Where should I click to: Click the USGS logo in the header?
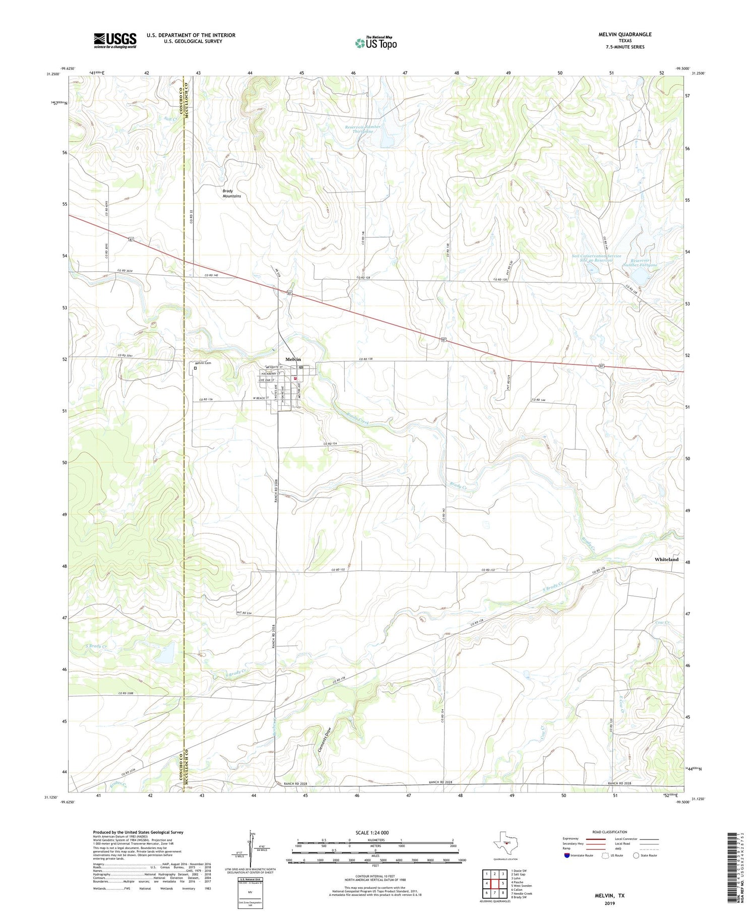(x=115, y=40)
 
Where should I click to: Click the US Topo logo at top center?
(x=375, y=43)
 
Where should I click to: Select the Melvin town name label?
(x=293, y=359)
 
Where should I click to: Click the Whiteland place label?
(x=666, y=560)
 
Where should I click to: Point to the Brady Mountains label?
(x=232, y=194)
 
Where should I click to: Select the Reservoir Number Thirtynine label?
(x=362, y=129)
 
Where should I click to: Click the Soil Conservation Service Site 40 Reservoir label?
(x=596, y=258)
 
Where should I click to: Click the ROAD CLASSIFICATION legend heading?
(x=610, y=832)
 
